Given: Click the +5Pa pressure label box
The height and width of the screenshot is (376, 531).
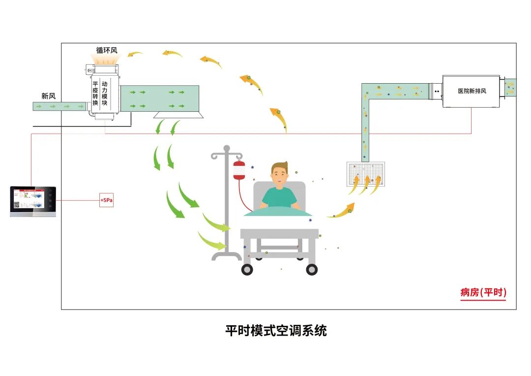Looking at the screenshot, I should tap(106, 201).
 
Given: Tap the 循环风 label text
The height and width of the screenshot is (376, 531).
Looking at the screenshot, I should tap(107, 50).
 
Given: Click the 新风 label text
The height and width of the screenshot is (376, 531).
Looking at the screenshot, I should tap(48, 96).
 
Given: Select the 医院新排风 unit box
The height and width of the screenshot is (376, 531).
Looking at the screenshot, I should tap(471, 92).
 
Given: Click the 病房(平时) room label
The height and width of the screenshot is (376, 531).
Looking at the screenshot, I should tap(483, 292).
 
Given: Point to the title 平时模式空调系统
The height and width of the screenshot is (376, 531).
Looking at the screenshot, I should tap(276, 330).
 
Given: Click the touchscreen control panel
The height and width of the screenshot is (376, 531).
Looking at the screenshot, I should tap(33, 201).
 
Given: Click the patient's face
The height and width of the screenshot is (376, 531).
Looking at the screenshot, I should tap(279, 177).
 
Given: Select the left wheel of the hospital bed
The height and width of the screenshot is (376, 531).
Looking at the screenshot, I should tap(247, 269).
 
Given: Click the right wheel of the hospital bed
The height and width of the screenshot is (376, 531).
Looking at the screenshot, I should tap(312, 269).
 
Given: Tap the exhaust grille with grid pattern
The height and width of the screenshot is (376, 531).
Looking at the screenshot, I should tap(365, 174).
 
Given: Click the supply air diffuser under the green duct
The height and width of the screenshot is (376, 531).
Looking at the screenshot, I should tap(179, 115).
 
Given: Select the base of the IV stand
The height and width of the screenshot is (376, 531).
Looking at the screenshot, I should tap(226, 256).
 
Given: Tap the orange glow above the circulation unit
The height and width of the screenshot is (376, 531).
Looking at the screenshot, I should tap(106, 59).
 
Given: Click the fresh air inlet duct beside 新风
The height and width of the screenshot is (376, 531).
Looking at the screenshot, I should tap(59, 106).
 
